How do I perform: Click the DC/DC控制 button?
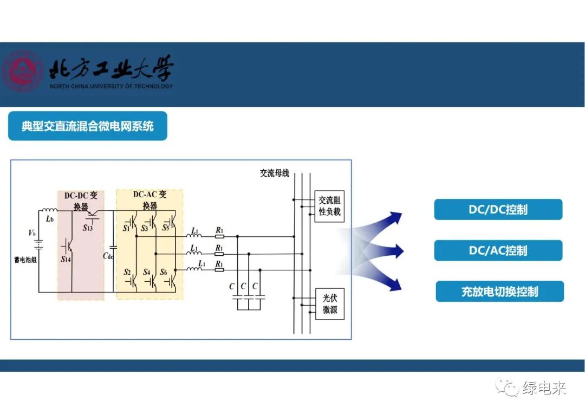tap(498, 210)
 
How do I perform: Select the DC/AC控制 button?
tap(498, 250)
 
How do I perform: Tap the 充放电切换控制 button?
tap(499, 292)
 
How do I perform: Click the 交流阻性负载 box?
tap(329, 206)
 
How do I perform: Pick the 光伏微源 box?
tap(329, 304)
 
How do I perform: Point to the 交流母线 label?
tap(274, 173)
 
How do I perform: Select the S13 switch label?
tap(87, 228)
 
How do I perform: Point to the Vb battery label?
tap(32, 233)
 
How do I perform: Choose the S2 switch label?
tap(128, 271)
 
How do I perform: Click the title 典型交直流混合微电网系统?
tap(88, 126)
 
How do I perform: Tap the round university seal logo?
tap(22, 71)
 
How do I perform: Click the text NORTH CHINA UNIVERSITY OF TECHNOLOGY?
tap(111, 86)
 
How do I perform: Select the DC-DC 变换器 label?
tap(81, 200)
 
